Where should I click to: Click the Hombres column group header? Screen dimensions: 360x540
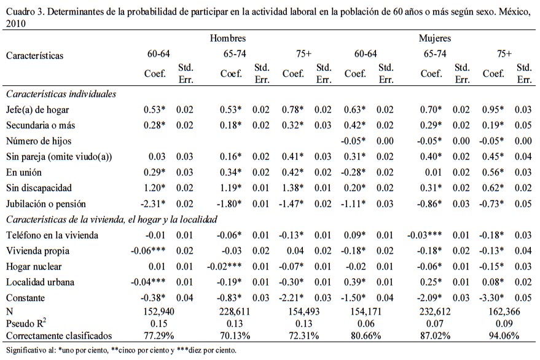[227, 39]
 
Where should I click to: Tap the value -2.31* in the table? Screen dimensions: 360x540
[156, 204]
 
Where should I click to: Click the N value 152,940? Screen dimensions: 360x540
[157, 312]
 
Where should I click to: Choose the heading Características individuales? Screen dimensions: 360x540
[61, 94]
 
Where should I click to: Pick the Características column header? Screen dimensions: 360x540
[35, 55]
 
